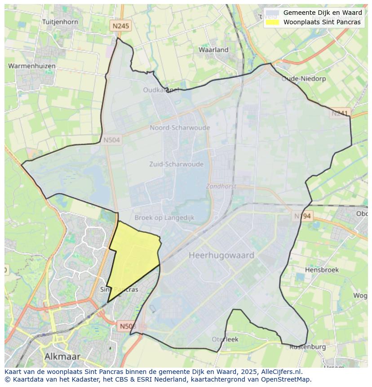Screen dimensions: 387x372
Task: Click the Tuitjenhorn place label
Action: pos(60,22)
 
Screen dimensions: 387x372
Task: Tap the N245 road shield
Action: pos(120,26)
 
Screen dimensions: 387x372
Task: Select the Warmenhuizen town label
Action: pos(32,66)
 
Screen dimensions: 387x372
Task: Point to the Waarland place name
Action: pos(213,50)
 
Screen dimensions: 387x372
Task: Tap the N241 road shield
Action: pos(340,113)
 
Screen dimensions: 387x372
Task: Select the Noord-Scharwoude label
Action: pos(180,128)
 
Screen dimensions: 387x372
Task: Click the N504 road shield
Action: pos(111,140)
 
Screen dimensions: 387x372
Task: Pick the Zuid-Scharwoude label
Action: pos(176,164)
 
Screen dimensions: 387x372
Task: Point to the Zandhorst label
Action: pos(221,186)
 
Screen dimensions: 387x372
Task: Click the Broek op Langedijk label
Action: pos(164,218)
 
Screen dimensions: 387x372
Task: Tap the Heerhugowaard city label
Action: pos(221,255)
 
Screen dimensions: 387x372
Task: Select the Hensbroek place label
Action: pos(322,270)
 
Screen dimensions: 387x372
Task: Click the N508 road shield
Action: pos(128,325)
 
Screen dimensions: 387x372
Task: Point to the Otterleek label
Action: pos(225,339)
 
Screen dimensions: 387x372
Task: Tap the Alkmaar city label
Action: pos(62,356)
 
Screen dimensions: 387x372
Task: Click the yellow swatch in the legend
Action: pos(272,22)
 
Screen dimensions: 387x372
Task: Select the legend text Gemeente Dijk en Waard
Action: pos(322,13)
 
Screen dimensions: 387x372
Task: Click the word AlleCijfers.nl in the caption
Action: pos(281,372)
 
